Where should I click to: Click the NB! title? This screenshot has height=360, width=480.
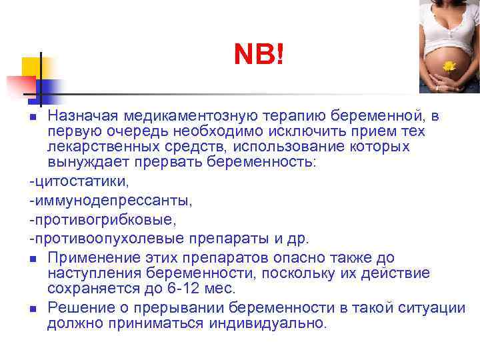pyautogui.click(x=259, y=55)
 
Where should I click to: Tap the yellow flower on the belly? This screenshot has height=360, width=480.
pyautogui.click(x=449, y=66)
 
